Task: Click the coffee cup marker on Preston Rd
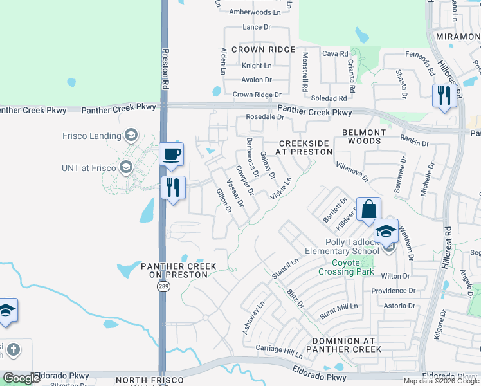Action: point(172,154)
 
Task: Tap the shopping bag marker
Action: point(368,210)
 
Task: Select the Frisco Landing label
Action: point(92,136)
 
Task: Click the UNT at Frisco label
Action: point(89,168)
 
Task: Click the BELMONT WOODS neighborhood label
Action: point(364,136)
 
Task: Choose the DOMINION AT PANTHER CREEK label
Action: point(347,345)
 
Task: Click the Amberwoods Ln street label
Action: point(255,12)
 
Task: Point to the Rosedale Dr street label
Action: point(265,117)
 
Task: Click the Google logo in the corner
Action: point(21,378)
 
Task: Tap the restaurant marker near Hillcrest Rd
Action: point(444,96)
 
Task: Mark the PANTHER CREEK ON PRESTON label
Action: point(174,270)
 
